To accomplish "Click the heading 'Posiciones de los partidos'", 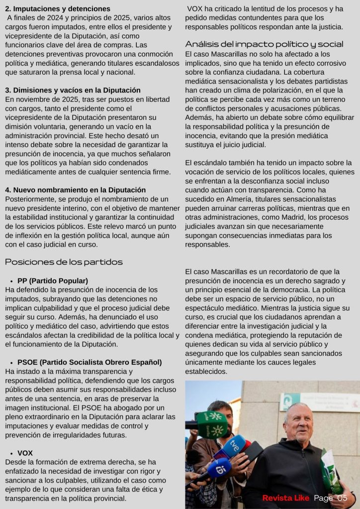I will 64,262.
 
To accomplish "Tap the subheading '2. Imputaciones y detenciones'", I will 58,9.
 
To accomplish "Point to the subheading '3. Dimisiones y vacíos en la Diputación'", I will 73,90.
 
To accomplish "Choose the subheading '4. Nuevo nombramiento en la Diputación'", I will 75,190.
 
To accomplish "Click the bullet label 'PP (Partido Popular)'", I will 52,280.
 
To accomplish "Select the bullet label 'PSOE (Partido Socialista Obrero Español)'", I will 90,362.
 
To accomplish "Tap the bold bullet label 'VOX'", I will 25,453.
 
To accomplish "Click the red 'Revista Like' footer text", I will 285,498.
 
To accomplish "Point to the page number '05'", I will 342,498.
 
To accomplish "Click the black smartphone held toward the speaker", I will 253,452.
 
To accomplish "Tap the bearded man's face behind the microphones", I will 220,415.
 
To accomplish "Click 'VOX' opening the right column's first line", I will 196,9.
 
